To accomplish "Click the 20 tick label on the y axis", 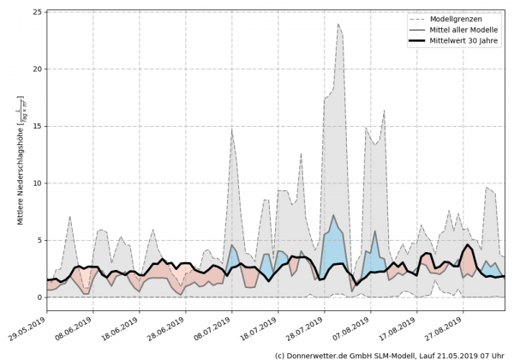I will click(37, 69).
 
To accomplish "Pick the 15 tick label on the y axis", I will click(37, 126).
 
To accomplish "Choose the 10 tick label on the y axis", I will click(37, 183).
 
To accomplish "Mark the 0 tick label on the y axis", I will click(39, 297).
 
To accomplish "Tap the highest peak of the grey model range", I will click(338, 24).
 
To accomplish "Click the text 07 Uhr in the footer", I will click(492, 354).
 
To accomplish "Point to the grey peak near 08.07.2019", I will click(231, 129).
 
